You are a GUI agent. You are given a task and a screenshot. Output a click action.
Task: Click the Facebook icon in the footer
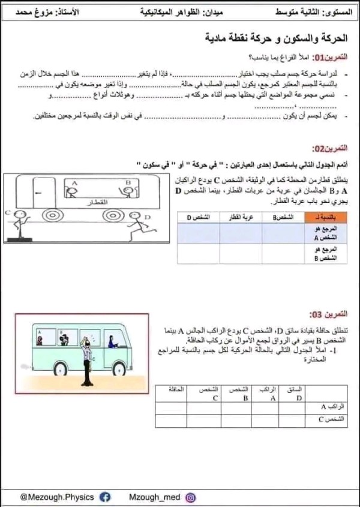pos(105,497)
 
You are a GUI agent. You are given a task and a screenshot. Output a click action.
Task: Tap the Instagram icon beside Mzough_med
pos(190,497)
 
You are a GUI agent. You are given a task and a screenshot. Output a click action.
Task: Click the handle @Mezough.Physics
pos(57,497)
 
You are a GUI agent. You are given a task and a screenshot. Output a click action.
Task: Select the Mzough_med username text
pos(154,497)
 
